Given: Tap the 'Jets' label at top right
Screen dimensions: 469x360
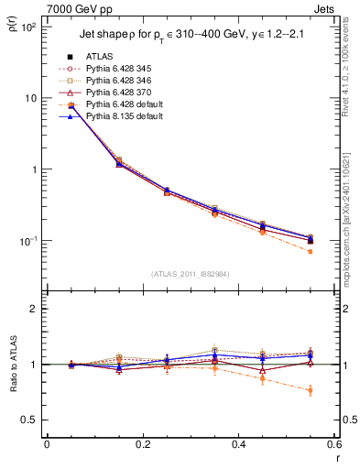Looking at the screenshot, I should pyautogui.click(x=323, y=7).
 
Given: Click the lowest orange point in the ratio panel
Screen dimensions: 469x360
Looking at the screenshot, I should pyautogui.click(x=311, y=390).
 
